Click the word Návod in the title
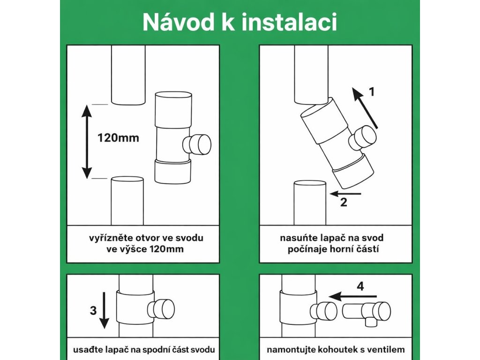point(178,22)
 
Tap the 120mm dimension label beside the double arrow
point(118,138)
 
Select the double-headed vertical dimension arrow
point(87,142)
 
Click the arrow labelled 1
point(365,108)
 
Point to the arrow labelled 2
point(345,194)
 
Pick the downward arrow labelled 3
point(105,310)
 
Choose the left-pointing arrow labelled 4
point(352,296)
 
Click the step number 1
point(372,92)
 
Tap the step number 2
point(344,202)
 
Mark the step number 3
point(93,310)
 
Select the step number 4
point(360,286)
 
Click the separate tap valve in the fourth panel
point(366,313)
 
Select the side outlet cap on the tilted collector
point(362,138)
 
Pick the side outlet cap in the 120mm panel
point(197,144)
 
